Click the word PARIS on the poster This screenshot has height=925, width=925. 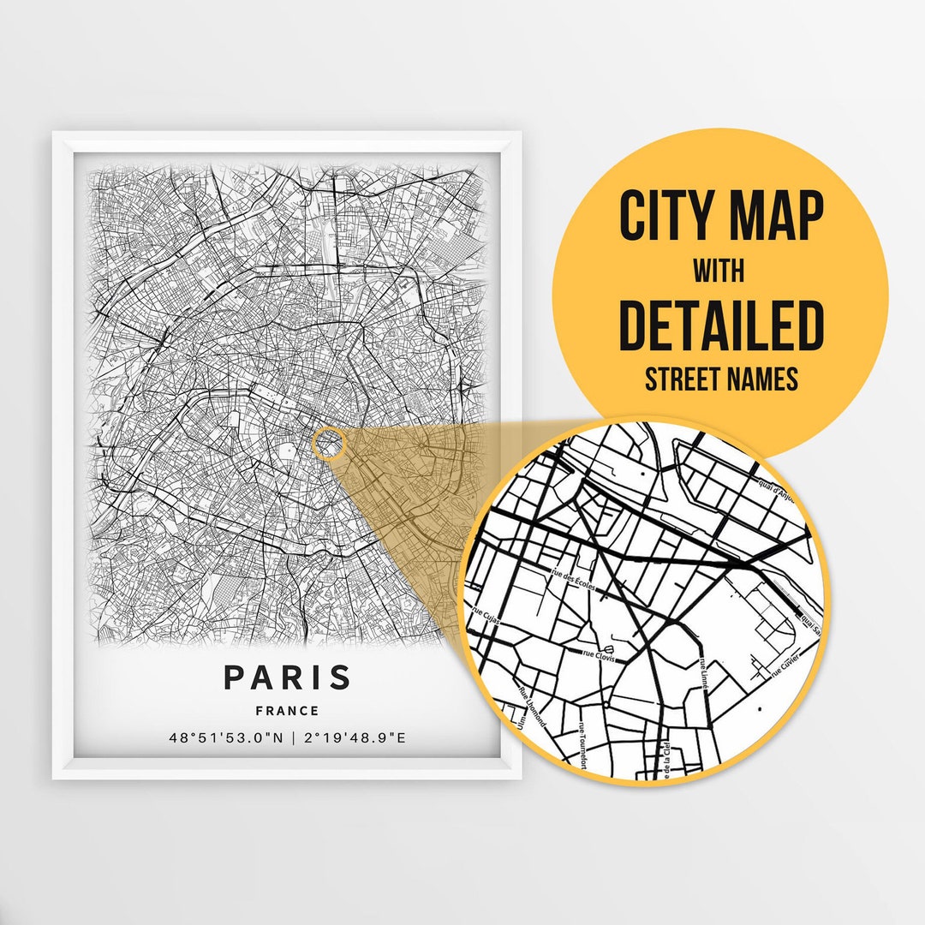click(x=287, y=677)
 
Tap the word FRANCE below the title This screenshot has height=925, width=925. click(x=287, y=711)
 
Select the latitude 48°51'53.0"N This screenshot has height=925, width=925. click(x=224, y=738)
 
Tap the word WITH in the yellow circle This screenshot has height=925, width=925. click(x=719, y=272)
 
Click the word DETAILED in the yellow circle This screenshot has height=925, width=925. click(x=720, y=326)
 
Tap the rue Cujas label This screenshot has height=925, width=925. click(x=485, y=618)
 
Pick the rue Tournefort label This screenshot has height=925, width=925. click(x=583, y=743)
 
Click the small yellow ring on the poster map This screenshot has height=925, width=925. click(x=329, y=444)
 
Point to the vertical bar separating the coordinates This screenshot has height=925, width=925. click(x=290, y=738)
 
